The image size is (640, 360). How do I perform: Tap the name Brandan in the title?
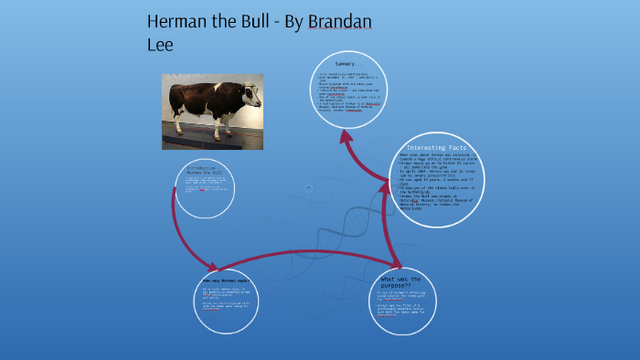pyautogui.click(x=340, y=21)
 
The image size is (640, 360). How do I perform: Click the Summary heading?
pyautogui.click(x=349, y=64)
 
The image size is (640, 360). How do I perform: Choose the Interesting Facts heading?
pyautogui.click(x=440, y=147)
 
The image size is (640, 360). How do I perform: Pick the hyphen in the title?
pyautogui.click(x=297, y=22)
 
